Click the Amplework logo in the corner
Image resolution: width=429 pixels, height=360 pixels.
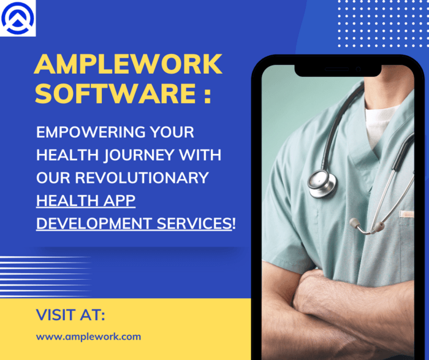click(x=18, y=18)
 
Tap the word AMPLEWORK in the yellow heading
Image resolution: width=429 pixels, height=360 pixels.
click(x=128, y=64)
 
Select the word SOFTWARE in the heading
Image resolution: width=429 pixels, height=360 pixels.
click(x=115, y=93)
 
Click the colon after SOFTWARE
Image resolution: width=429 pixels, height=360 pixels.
click(x=208, y=95)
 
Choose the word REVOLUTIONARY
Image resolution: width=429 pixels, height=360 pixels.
click(x=142, y=178)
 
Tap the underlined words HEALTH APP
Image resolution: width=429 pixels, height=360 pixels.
click(x=86, y=201)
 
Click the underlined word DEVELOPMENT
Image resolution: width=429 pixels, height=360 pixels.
click(x=94, y=223)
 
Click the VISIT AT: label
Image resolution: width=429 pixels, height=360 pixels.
click(x=70, y=315)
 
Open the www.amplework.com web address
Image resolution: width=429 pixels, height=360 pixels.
click(x=88, y=337)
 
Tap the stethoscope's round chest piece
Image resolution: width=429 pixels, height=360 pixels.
click(x=322, y=183)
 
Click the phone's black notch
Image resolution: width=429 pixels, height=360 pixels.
click(x=338, y=71)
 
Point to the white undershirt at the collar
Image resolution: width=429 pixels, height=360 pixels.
click(x=381, y=123)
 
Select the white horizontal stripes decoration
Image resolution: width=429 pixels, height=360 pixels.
click(x=45, y=277)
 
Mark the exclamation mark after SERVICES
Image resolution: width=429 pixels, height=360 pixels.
click(x=234, y=223)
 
